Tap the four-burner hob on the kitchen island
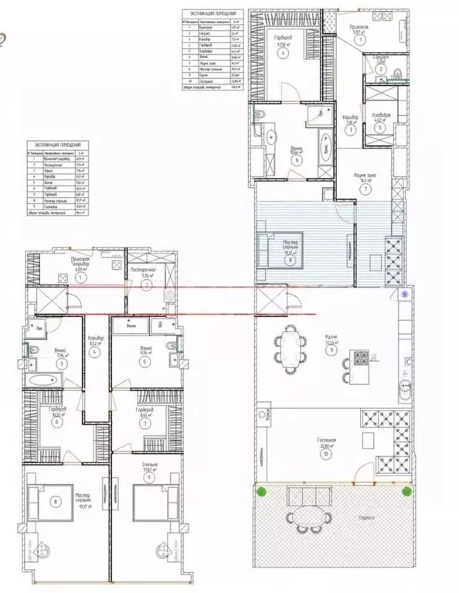click(x=360, y=358)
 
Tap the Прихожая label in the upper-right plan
click(x=356, y=26)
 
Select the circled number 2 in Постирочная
click(x=147, y=284)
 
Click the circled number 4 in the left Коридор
click(x=96, y=353)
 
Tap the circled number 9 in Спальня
click(x=143, y=477)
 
